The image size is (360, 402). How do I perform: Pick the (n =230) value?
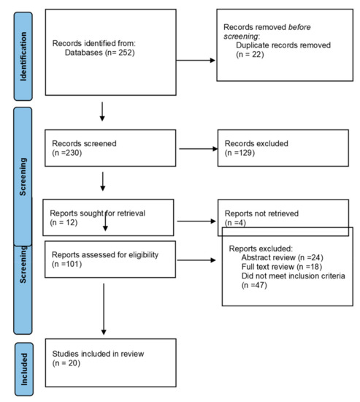tap(66, 155)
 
